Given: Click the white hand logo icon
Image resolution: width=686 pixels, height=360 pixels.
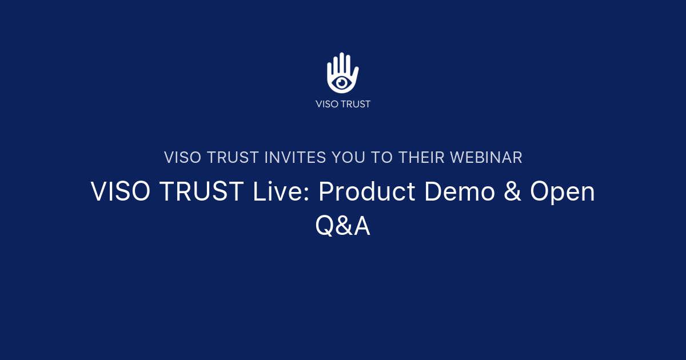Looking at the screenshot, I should coord(342,73).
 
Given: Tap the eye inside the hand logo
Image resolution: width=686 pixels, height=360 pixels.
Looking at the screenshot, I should coord(342,82).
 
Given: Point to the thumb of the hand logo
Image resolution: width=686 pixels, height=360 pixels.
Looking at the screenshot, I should coord(355,75).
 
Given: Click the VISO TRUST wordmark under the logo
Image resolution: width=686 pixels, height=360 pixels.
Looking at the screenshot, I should coord(343,104).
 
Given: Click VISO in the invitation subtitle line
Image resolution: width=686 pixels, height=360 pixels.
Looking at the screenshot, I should coord(182,158).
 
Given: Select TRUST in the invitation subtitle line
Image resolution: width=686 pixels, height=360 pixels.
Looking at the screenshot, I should coord(230,158).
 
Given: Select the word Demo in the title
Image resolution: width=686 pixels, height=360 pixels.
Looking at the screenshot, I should coord(461,193).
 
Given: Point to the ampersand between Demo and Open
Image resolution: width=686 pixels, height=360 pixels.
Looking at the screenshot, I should coord(513,193).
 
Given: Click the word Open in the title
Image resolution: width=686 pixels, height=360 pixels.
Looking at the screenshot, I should coord(562,193).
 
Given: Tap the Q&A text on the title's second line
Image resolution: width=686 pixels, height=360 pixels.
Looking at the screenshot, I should coord(343,226).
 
